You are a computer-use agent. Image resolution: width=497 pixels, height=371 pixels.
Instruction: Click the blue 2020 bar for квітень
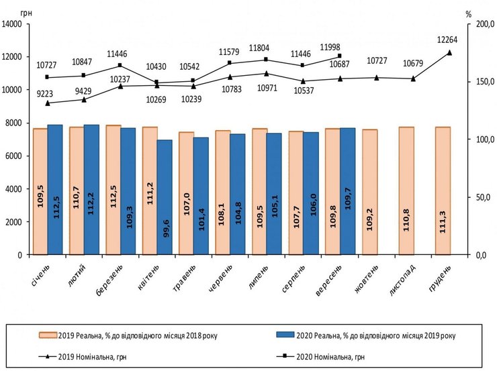pos(165,197)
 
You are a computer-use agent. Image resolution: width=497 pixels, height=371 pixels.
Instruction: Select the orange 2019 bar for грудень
pos(443,191)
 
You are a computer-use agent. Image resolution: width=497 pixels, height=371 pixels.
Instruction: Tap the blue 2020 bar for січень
pos(55,190)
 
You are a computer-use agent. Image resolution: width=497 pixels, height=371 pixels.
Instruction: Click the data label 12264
pos(449,38)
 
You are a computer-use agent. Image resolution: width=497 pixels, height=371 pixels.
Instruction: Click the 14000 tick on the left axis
pos(14,24)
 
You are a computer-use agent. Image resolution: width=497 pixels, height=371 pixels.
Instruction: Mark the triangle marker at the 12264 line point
pos(449,52)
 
